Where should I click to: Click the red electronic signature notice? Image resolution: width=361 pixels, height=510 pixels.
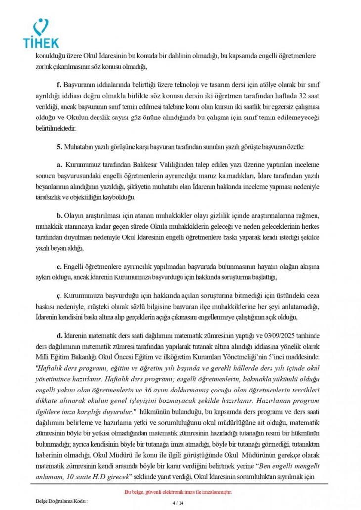[178, 492]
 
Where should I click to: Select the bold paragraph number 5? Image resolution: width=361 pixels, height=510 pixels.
[59, 147]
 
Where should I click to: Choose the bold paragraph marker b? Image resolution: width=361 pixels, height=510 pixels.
[59, 215]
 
